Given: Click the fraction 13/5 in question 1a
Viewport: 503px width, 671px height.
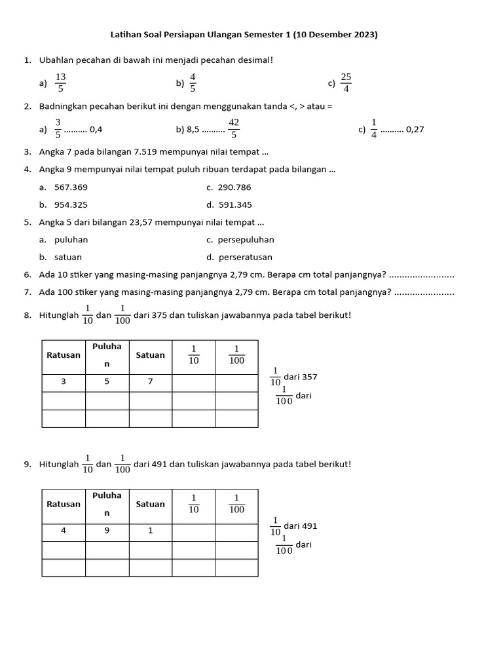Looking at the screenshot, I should [61, 83].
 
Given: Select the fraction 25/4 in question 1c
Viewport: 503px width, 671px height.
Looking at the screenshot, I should [346, 83].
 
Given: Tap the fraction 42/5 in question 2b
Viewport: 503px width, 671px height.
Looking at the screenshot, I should [234, 128].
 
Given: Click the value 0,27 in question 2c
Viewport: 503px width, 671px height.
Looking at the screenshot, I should [415, 129].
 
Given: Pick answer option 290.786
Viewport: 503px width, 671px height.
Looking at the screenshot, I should [235, 187].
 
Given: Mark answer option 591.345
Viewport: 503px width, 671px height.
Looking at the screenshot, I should [235, 204].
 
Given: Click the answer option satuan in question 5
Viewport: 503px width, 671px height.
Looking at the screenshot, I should [68, 258].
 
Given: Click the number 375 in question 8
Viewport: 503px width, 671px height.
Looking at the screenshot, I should [159, 315].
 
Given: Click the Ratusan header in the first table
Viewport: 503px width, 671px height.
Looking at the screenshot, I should [64, 355].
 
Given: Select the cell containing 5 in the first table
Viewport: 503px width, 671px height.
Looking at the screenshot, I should [107, 381].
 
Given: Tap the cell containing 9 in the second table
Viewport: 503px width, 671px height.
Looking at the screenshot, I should [107, 531].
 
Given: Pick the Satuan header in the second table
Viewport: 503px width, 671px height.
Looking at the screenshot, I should [151, 504].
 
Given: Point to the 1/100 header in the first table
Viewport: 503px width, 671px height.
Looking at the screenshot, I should [236, 355].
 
